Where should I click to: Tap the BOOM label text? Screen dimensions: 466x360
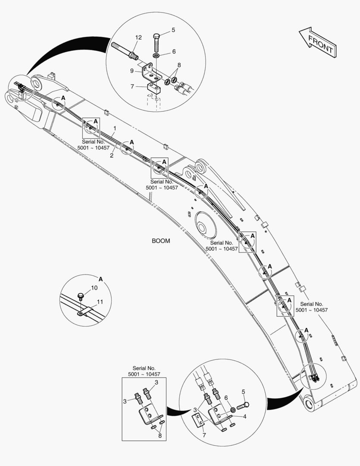click(161, 241)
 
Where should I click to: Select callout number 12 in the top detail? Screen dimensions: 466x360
click(138, 38)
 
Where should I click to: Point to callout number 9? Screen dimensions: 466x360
click(132, 71)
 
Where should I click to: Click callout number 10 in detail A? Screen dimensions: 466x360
click(94, 288)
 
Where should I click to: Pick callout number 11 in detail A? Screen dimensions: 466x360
click(100, 302)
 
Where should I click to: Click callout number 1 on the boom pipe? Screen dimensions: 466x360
click(115, 129)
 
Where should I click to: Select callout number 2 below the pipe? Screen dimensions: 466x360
click(112, 156)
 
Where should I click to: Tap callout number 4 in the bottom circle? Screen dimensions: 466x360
click(244, 417)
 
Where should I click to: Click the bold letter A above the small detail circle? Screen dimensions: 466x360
click(100, 279)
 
